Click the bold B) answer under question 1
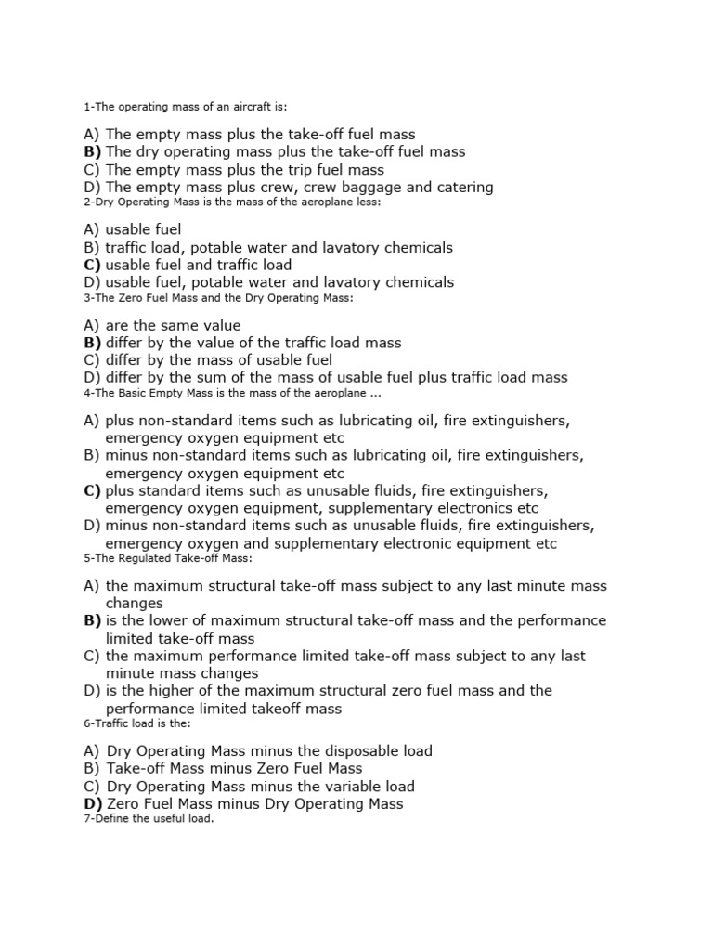[92, 151]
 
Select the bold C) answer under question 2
[92, 265]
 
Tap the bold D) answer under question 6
[93, 803]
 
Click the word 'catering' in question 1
[463, 187]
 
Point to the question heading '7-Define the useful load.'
[149, 819]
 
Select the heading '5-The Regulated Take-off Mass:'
[167, 558]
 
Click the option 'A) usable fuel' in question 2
[132, 229]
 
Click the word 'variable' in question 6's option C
[333, 786]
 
